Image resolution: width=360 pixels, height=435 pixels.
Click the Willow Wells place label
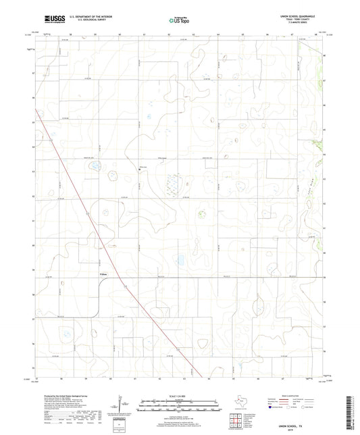point(103,274)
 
